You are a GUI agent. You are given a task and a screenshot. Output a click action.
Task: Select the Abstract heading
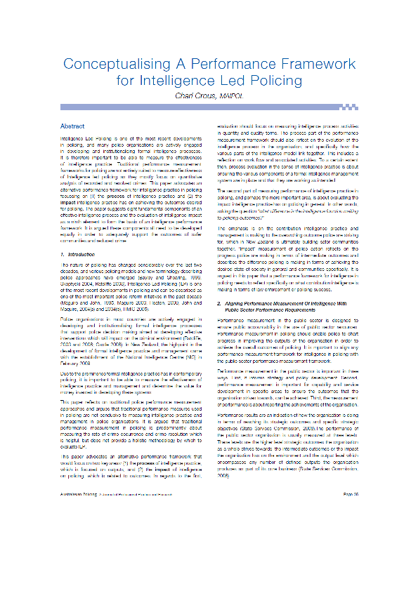point(72,126)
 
